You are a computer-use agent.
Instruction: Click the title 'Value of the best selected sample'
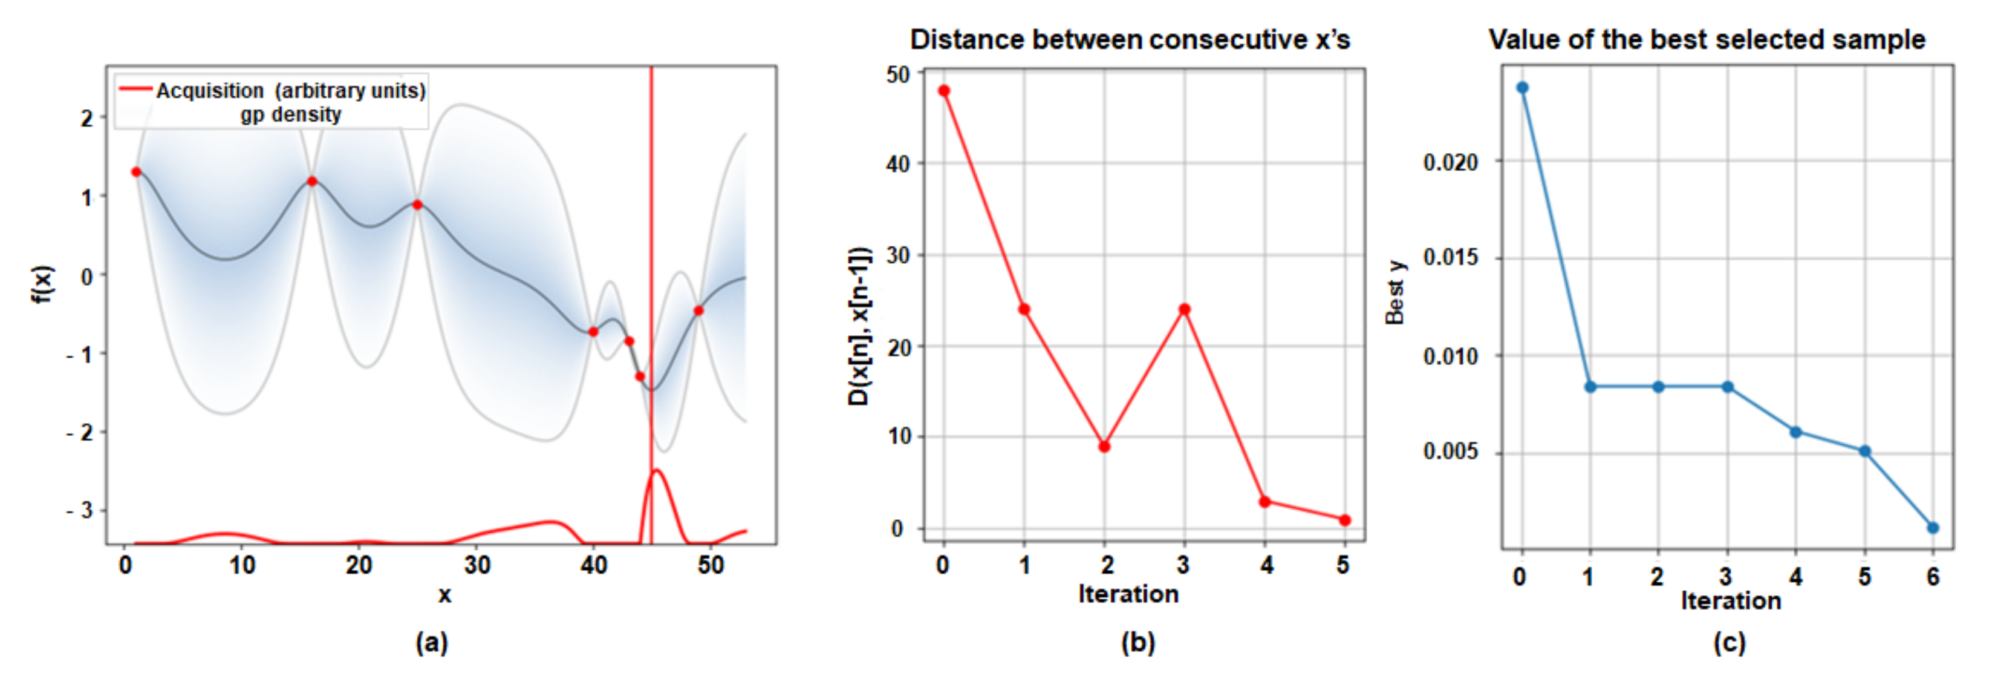point(1707,39)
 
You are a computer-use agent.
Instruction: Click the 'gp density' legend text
point(290,115)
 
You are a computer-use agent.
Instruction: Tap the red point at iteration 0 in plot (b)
point(944,91)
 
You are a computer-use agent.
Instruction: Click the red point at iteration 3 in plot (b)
point(1185,310)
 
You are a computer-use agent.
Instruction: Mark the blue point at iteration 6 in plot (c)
point(1933,528)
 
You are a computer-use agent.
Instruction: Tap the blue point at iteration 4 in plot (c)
point(1795,432)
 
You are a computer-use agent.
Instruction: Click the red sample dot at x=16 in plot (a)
point(312,181)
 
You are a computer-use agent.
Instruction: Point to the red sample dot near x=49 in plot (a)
point(699,310)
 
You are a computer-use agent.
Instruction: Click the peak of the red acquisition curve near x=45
point(657,470)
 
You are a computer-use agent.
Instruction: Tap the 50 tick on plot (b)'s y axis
point(898,75)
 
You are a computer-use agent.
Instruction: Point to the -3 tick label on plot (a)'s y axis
point(80,511)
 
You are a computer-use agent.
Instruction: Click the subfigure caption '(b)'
point(1138,643)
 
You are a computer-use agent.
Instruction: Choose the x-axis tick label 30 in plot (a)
point(477,565)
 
